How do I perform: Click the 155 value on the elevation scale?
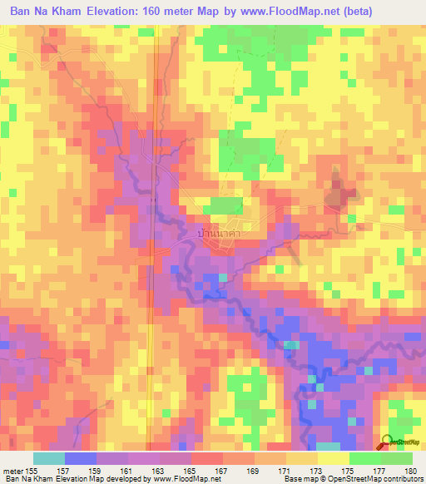[33, 470]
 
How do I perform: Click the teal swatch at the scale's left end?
[49, 458]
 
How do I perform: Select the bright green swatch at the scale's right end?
[396, 458]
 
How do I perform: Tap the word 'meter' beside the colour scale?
[12, 470]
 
